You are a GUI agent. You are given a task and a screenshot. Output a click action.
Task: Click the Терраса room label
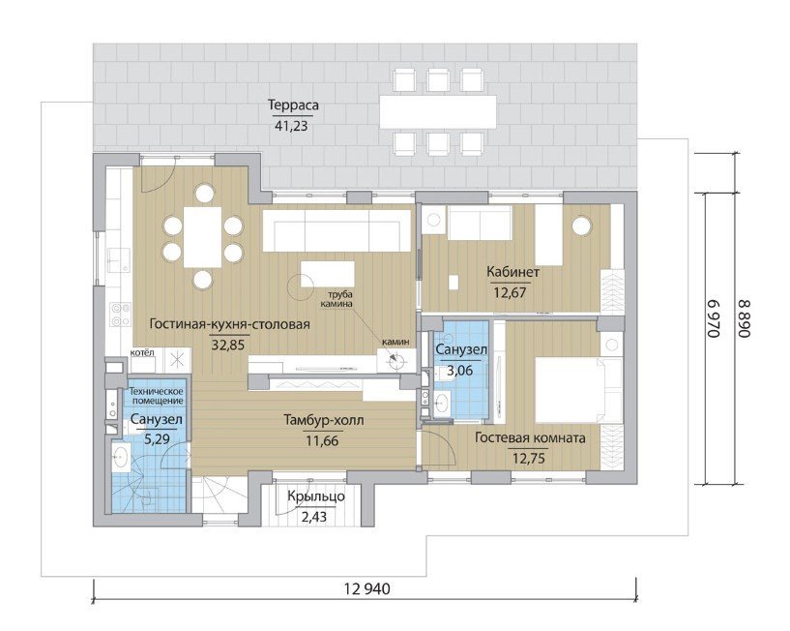point(293,105)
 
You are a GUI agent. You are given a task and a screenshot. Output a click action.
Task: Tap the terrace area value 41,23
point(291,126)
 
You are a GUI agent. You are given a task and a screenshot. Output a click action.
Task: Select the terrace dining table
point(438,112)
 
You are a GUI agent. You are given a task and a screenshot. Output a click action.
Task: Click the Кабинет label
point(512,272)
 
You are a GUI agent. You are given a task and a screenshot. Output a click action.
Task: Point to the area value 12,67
point(510,292)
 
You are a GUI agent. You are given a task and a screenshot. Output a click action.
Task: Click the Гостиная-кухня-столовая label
point(229,324)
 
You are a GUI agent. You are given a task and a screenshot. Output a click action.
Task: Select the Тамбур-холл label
point(323,420)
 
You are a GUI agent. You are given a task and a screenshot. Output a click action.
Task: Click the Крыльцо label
point(316,496)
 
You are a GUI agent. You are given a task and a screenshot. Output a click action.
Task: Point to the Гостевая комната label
point(530,437)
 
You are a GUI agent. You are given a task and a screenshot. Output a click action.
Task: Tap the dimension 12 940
point(367,588)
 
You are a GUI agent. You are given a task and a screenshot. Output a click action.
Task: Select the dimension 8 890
point(746,318)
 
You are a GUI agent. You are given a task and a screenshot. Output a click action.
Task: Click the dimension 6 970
point(715,318)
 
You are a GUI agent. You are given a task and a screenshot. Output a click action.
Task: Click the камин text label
point(395,342)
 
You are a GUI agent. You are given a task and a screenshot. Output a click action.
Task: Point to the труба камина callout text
point(338,299)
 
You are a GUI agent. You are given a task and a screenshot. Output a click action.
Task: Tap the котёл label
point(142,352)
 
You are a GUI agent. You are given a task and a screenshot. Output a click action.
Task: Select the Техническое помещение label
point(157,396)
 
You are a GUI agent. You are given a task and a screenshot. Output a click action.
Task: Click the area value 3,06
point(460,371)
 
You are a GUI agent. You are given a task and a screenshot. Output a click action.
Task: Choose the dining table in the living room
point(202,237)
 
